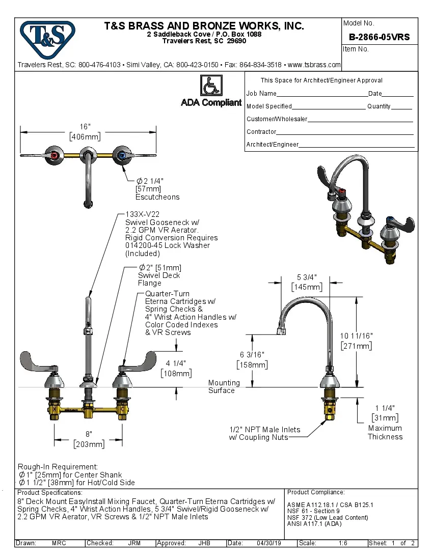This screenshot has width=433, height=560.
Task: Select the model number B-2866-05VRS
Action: pos(379,37)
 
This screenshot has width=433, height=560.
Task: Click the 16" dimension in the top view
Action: pos(85,127)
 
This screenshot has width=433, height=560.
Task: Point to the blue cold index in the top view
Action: pos(121,155)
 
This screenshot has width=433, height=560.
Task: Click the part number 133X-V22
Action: pos(142,215)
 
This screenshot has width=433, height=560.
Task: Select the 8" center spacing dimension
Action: pos(88,434)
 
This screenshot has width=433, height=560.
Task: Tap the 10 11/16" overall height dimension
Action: pos(356,336)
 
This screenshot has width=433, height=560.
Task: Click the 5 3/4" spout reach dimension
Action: pos(307,277)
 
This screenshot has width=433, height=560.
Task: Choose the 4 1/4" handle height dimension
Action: pos(176,363)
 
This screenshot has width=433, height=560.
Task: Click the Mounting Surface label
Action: pos(223,386)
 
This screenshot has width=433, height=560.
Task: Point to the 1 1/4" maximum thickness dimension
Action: pos(385,408)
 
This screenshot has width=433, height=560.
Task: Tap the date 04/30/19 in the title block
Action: pos(269,543)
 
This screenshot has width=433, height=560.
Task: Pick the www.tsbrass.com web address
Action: pos(314,65)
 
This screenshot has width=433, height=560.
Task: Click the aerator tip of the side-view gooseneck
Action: pos(280,331)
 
